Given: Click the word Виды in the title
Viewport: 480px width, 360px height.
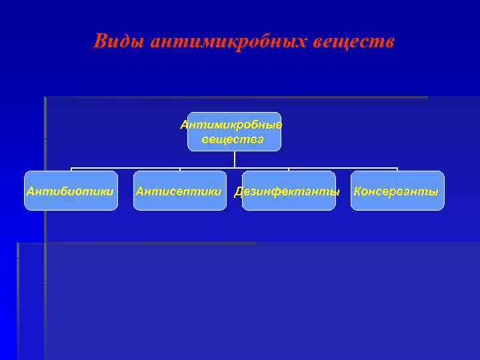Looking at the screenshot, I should point(120,41).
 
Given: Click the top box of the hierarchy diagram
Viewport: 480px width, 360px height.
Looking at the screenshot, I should point(234,131).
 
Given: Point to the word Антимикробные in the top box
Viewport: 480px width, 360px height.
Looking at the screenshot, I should point(231,125).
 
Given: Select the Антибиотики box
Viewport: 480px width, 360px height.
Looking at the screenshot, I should point(71,191).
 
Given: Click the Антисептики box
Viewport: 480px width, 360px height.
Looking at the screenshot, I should point(179,191).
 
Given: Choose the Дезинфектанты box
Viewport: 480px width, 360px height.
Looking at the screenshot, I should point(288,191).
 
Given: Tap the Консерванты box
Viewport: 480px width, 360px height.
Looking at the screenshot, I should point(397,191).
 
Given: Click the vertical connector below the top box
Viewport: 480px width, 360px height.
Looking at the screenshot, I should point(234,159).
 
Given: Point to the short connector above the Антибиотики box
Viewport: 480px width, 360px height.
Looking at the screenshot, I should point(71,169).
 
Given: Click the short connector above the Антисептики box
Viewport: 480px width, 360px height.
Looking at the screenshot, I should point(180,169).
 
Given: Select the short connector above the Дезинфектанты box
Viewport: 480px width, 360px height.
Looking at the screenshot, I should point(289,169).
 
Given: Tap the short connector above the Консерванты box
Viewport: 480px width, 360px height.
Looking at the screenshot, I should point(397,169).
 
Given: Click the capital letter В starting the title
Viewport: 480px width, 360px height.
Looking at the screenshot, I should point(101,41).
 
